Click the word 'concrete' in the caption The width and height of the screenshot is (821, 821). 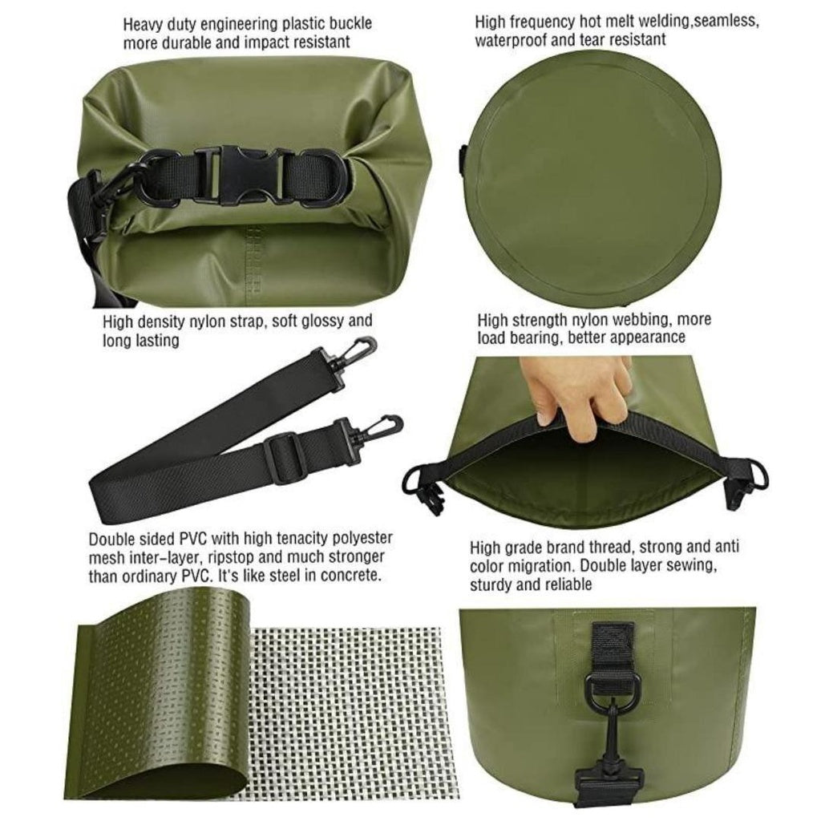point(353,575)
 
